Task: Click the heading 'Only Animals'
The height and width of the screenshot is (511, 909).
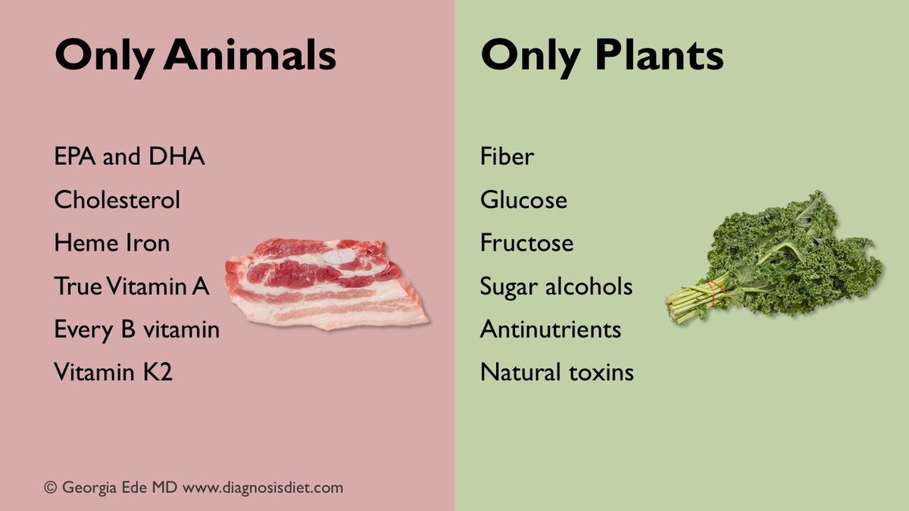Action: (x=195, y=56)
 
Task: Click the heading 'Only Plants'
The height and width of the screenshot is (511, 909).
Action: (x=601, y=56)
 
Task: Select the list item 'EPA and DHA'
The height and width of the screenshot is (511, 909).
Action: (x=130, y=157)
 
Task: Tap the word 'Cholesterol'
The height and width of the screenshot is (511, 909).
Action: (x=117, y=201)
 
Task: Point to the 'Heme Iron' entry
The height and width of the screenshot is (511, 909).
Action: (x=112, y=244)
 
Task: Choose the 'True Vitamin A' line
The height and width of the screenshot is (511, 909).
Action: (x=131, y=287)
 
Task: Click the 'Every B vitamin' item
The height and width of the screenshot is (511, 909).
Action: (x=136, y=330)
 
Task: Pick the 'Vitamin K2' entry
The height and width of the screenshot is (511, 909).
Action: (x=114, y=372)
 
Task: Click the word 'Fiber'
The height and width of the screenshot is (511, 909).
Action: (x=507, y=157)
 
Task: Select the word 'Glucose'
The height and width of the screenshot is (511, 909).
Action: (x=523, y=201)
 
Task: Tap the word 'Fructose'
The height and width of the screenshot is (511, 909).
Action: (x=526, y=244)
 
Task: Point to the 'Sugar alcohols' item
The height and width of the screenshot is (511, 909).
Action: (x=556, y=287)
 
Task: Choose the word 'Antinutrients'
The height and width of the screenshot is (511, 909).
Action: (x=551, y=330)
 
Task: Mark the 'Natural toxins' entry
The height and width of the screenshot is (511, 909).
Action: (x=557, y=372)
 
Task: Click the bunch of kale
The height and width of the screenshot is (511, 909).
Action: (x=788, y=257)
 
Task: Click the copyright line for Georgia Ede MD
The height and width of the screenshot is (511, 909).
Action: (x=194, y=488)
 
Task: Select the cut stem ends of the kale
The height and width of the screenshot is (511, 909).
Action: (x=672, y=309)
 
